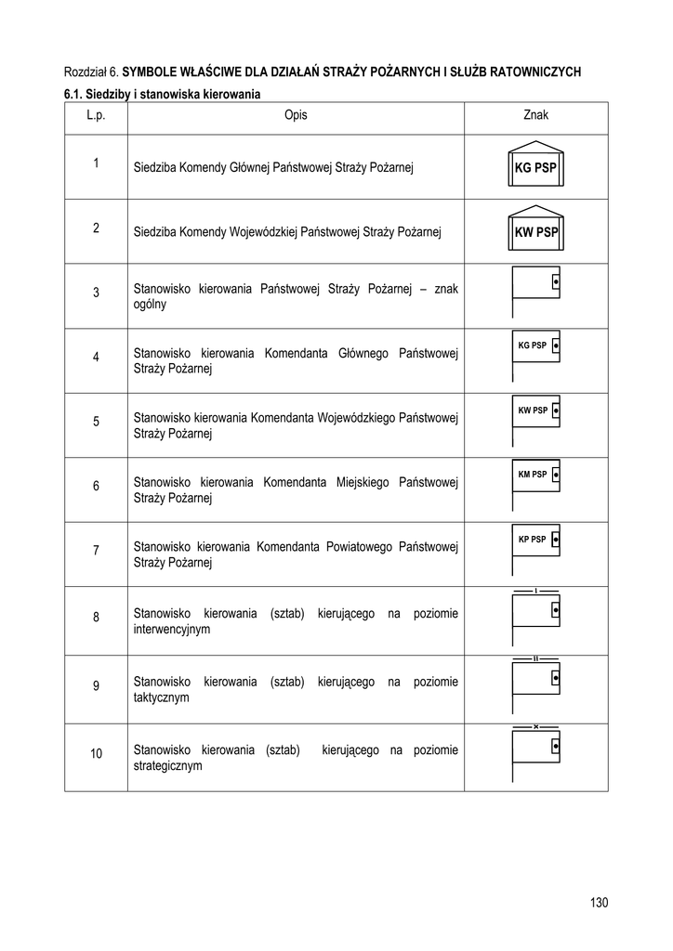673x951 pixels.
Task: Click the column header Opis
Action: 296,115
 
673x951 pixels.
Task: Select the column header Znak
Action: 536,115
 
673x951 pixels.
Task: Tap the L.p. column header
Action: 96,115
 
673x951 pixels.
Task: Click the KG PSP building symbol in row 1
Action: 536,166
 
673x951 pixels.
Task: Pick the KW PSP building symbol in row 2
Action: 536,230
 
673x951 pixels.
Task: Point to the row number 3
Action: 96,293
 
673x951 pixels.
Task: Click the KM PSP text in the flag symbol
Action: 532,475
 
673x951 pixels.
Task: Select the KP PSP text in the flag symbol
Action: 532,539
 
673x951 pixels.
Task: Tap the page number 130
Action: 598,903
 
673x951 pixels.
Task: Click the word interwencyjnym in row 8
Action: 172,629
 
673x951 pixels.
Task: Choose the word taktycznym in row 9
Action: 162,697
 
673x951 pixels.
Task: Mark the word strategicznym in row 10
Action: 168,766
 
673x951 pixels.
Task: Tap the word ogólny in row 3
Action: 151,304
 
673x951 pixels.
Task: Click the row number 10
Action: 96,753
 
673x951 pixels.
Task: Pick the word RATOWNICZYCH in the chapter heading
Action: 529,71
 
